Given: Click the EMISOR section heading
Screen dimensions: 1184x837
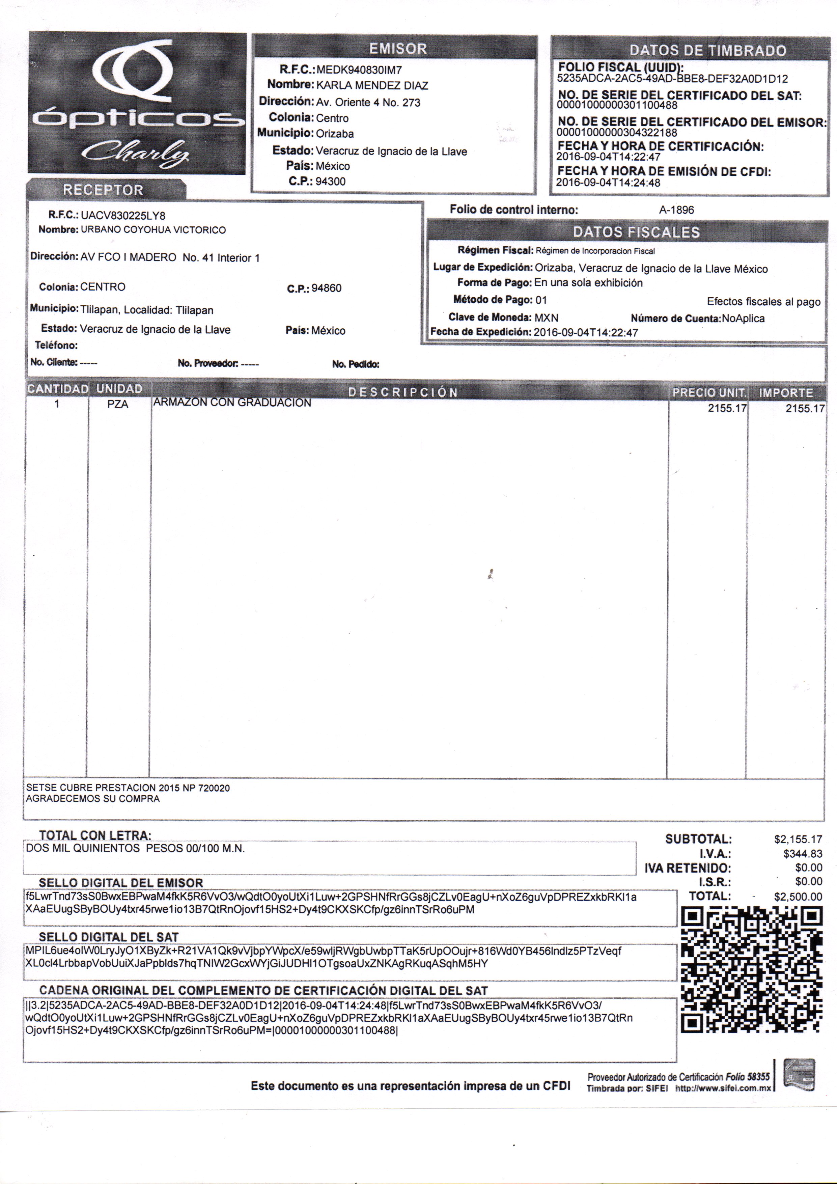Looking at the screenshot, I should click(398, 49).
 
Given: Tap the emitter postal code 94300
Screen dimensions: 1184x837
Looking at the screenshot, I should click(331, 182).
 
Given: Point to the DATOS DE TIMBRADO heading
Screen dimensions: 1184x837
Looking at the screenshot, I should click(707, 51).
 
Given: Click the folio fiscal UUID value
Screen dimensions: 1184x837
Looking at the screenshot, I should click(672, 79).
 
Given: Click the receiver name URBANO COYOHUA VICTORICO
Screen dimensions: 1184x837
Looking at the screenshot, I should click(153, 230).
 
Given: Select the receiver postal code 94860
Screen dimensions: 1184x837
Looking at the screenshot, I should click(327, 288).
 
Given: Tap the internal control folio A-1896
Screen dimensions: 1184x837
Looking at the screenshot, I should click(676, 210).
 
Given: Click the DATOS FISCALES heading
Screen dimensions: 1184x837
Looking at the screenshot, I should click(636, 232).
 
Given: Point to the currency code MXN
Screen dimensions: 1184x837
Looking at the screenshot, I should click(546, 318).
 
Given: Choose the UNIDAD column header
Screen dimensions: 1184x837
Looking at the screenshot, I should click(119, 389).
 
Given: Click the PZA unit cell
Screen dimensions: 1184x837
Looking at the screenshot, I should click(118, 404).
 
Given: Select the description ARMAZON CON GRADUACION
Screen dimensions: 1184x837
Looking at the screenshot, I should click(232, 403).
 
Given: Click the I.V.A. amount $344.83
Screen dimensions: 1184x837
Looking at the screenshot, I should click(803, 854).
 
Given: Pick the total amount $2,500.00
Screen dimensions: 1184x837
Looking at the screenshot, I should click(798, 897).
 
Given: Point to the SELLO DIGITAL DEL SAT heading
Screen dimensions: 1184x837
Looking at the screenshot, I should click(109, 937).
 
